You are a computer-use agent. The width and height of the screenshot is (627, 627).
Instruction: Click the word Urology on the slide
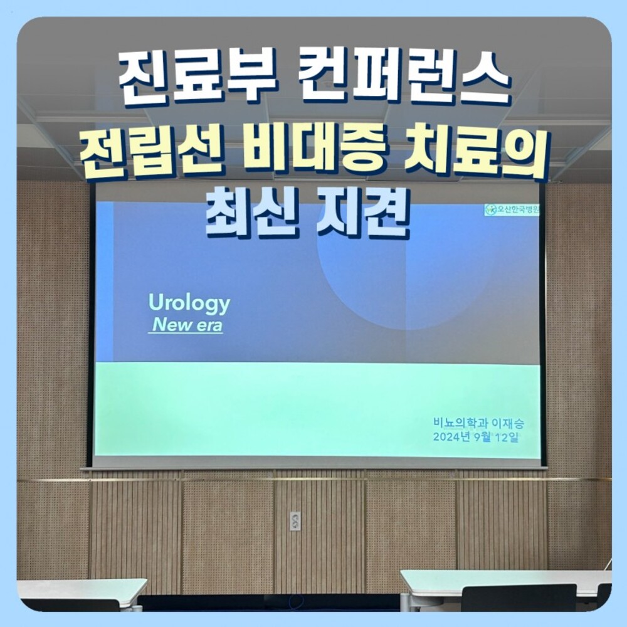tap(189, 304)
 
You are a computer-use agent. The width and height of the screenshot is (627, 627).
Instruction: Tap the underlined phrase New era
tap(187, 325)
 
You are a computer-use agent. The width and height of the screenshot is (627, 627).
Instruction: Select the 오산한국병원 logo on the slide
tap(512, 209)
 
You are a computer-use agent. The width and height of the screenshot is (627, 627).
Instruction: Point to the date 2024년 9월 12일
tap(476, 437)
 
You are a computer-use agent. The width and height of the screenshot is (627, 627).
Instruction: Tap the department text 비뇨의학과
tap(460, 423)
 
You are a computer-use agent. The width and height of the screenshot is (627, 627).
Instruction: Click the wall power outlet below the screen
tap(295, 521)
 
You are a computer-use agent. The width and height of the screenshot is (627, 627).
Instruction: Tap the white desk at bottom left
tap(80, 590)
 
